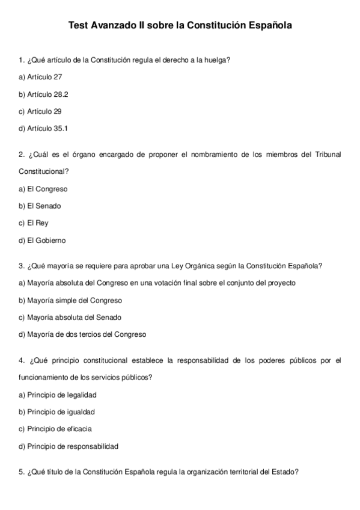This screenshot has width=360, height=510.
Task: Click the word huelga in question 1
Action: pos(216,60)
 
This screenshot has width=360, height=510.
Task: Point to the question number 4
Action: pos(22,361)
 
